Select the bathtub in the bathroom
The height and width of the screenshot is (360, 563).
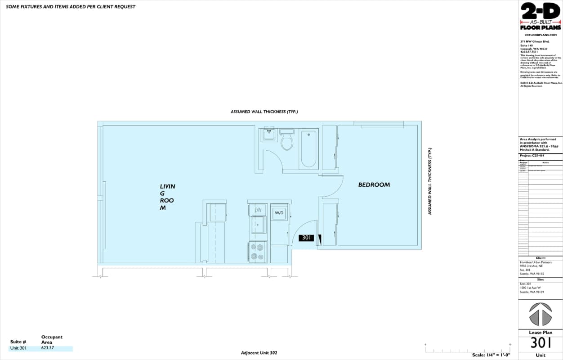point(308,148)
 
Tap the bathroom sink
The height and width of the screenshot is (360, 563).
point(269,134)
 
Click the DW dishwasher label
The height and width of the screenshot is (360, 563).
point(258,210)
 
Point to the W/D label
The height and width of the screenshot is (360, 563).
point(279,212)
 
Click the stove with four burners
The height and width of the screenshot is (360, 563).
point(258,252)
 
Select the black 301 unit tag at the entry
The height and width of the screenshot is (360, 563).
point(306,238)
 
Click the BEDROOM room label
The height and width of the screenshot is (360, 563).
point(374,184)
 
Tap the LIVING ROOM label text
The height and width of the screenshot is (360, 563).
point(167,197)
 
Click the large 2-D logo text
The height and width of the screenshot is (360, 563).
point(541,11)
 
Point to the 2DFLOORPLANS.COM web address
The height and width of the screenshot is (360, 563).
point(541,35)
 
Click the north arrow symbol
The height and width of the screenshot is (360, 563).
point(540,314)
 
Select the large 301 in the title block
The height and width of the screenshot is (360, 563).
point(541,343)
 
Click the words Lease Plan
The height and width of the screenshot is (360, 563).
point(541,333)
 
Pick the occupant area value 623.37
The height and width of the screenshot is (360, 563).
point(47,348)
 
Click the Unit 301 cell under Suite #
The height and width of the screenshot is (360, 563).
point(18,348)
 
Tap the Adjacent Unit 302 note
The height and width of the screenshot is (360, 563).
point(259,353)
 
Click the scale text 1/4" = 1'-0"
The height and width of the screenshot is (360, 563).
point(491,355)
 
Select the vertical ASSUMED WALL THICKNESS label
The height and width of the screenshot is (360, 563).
point(430,181)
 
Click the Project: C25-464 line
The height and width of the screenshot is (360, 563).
point(532,156)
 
